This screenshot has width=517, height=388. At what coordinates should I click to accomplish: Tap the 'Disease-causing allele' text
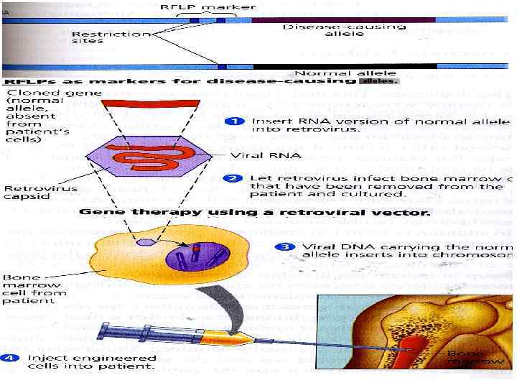(x=344, y=32)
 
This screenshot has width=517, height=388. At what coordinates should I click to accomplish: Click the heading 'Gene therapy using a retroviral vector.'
(x=254, y=212)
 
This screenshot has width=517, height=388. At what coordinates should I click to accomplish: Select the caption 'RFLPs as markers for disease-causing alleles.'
(x=201, y=81)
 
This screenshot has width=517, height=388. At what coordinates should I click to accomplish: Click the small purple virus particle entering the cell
(x=146, y=243)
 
